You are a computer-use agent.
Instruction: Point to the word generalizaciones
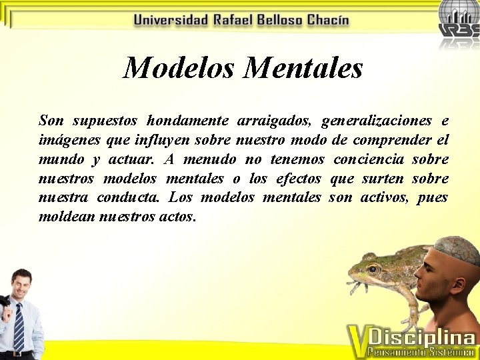point(376,121)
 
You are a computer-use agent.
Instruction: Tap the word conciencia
point(369,159)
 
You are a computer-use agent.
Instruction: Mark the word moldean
point(66,217)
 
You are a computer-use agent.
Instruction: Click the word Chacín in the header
point(327,20)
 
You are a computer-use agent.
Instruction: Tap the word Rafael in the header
point(234,20)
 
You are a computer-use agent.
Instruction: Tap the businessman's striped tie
point(19,326)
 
